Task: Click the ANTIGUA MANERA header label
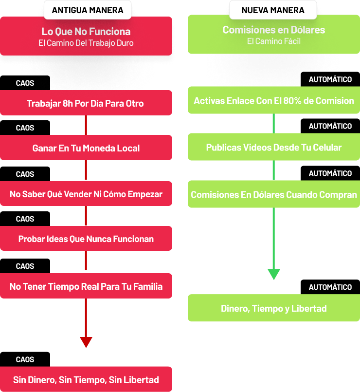point(88,10)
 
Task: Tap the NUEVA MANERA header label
point(273,10)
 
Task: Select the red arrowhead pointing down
point(86,342)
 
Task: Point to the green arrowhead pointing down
point(274,274)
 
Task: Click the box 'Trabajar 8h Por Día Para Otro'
point(86,103)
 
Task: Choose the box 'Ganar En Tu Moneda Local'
point(86,148)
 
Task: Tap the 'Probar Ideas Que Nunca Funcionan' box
point(86,239)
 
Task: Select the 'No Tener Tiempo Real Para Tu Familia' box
point(86,286)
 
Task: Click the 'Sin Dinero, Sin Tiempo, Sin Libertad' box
point(86,379)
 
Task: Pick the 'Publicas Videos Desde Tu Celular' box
point(274,147)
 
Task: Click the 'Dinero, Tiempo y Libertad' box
point(274,308)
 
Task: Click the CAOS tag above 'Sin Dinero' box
point(25,359)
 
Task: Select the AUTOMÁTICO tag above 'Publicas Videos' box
point(330,126)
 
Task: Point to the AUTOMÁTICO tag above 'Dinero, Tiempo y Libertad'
point(330,287)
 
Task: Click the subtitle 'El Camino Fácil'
point(274,41)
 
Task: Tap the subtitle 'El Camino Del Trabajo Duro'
point(86,43)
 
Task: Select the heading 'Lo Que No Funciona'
point(86,32)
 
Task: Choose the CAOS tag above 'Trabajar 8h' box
point(25,83)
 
